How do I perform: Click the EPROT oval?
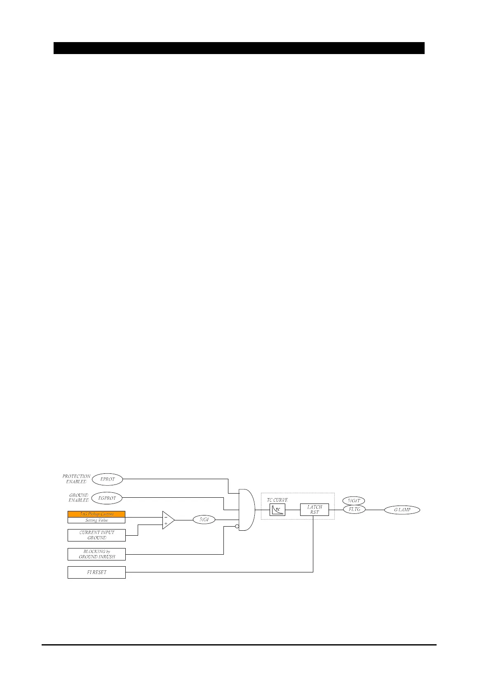point(107,479)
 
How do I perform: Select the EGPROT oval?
point(107,498)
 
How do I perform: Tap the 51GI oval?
point(204,520)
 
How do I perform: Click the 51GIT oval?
point(354,501)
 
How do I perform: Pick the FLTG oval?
point(354,509)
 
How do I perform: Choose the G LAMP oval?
point(402,510)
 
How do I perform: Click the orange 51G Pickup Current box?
point(96,514)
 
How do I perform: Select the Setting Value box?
point(96,520)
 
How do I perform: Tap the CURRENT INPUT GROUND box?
point(96,535)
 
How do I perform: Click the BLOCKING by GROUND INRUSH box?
point(96,554)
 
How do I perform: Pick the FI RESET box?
point(96,572)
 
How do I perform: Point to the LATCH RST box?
point(314,510)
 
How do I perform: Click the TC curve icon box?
point(277,510)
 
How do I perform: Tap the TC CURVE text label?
point(277,500)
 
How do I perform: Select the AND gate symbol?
point(247,510)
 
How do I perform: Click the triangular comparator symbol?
point(168,520)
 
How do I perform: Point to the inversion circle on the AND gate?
point(237,526)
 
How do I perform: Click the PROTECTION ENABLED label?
point(76,479)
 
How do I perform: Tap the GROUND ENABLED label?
point(78,498)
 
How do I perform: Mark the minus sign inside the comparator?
point(166,517)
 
